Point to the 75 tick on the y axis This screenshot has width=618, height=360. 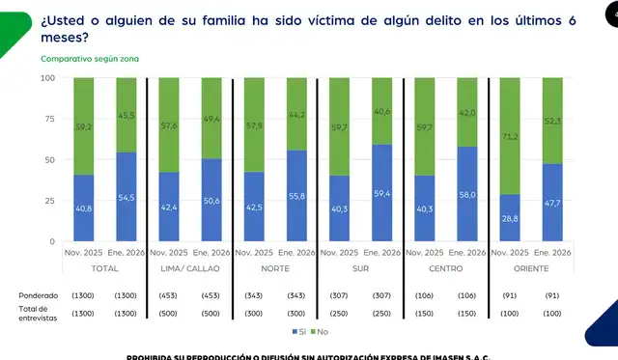[48, 119]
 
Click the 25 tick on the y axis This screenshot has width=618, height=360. [48, 201]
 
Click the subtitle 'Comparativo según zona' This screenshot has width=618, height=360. [90, 59]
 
